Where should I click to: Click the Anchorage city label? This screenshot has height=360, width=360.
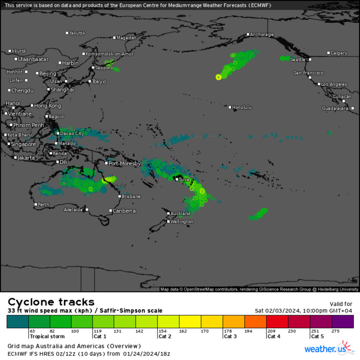261,34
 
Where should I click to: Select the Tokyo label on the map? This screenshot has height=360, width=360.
99,81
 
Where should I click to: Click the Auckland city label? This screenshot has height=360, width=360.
180,213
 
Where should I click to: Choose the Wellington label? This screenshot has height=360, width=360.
182,222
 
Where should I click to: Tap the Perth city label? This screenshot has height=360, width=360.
44,205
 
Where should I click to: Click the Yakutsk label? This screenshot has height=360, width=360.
77,33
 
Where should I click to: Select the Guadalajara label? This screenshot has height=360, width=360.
335,109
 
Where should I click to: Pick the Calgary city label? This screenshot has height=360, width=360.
339,53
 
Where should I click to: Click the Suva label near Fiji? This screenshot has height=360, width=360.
184,179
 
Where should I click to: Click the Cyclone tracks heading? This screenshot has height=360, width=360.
50,302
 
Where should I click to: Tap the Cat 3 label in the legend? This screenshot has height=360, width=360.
230,336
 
